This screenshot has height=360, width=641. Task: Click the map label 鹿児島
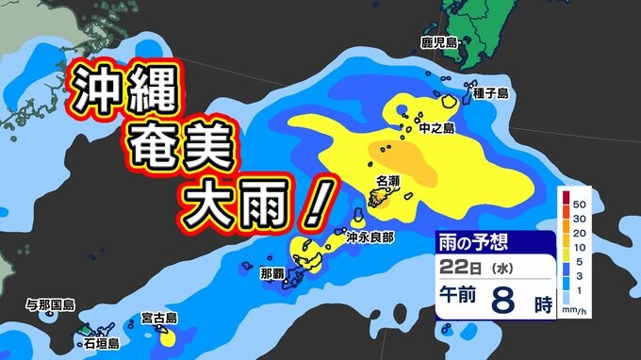click(438, 42)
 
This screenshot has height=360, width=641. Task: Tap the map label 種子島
click(491, 92)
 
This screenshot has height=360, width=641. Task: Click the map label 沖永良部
click(369, 237)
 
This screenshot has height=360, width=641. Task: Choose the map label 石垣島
click(101, 345)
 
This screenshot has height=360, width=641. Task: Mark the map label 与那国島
click(50, 305)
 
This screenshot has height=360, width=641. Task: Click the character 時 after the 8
click(542, 304)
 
